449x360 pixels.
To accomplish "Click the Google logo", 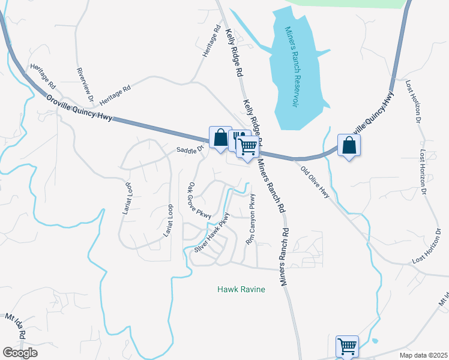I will coord(20,353).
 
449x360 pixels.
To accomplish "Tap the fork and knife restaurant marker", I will coord(240,139).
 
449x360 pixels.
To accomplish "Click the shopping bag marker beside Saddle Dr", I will coord(220,137).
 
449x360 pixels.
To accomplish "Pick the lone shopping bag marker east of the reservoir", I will coord(349,144).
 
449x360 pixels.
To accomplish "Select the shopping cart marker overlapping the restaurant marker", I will coord(247,146).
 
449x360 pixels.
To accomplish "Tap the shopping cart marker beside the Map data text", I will coord(347,346).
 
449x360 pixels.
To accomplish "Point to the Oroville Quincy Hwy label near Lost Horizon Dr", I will coord(375,116).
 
